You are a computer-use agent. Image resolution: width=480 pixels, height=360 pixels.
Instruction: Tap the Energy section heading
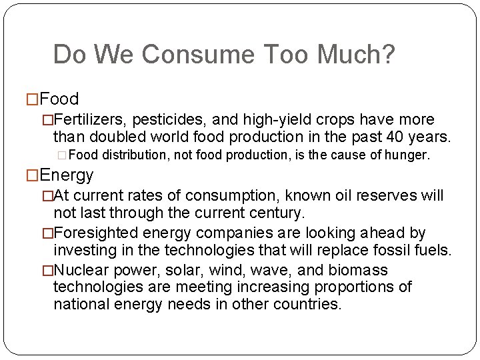(67, 175)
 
